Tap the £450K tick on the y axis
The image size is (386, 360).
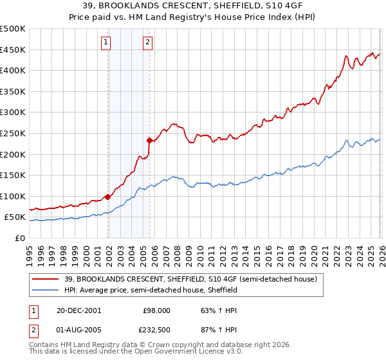click(13, 50)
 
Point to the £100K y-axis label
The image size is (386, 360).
click(13, 196)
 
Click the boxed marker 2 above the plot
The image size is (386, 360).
click(148, 43)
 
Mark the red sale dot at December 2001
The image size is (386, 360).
click(107, 197)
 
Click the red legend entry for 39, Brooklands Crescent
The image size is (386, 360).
click(190, 280)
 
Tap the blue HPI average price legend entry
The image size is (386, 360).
click(151, 290)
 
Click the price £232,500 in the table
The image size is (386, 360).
click(156, 330)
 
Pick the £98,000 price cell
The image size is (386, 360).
click(156, 310)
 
